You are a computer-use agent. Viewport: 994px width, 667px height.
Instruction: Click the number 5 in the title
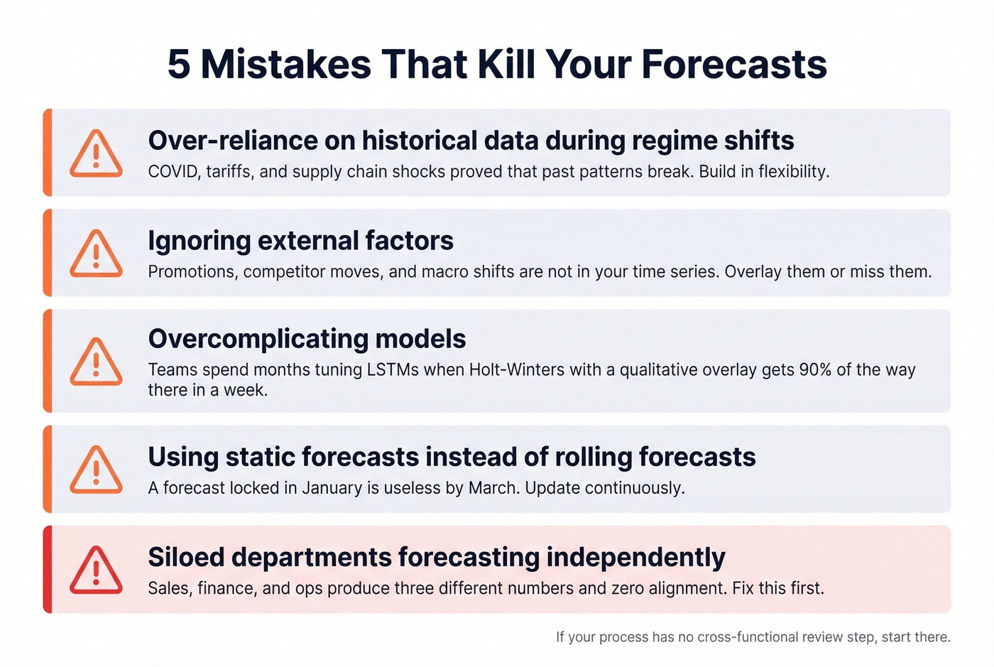(x=179, y=65)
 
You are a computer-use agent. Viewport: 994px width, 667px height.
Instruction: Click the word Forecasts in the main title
(x=734, y=65)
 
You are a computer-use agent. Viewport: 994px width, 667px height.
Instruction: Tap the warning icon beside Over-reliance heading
(x=96, y=153)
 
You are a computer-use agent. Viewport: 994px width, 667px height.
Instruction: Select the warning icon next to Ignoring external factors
(x=96, y=254)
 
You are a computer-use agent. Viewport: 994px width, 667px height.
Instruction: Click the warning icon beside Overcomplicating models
(x=96, y=362)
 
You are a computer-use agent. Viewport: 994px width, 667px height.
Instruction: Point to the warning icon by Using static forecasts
(x=96, y=470)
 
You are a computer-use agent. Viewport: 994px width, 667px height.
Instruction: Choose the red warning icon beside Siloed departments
(x=96, y=570)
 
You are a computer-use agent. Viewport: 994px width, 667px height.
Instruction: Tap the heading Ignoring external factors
(x=300, y=241)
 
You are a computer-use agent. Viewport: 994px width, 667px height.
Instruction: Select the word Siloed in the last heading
(x=186, y=557)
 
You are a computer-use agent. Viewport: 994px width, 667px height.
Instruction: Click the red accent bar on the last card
(x=48, y=570)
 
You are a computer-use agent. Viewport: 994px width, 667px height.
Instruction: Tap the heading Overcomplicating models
(x=307, y=339)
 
